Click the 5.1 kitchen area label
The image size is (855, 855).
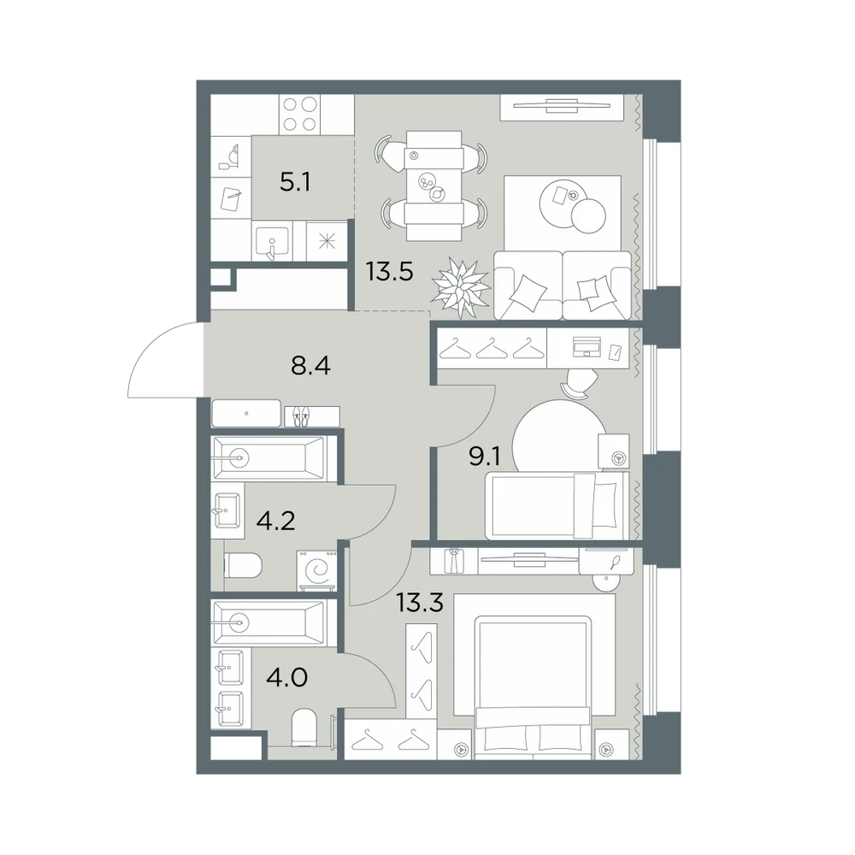[295, 182]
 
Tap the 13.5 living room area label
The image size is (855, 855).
[389, 271]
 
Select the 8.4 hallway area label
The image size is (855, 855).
[311, 366]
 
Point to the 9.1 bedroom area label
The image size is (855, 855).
[485, 456]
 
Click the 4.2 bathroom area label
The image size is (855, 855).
[276, 522]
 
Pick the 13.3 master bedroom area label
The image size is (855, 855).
[419, 603]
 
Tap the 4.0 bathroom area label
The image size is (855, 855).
[286, 677]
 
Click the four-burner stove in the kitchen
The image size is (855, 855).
[299, 115]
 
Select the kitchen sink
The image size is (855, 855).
[272, 241]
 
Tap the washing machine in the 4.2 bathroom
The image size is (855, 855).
[317, 570]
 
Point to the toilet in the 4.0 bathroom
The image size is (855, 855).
[304, 728]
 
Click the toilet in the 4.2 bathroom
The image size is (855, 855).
[243, 566]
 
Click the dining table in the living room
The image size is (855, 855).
[434, 186]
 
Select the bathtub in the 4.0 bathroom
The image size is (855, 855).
[268, 621]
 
